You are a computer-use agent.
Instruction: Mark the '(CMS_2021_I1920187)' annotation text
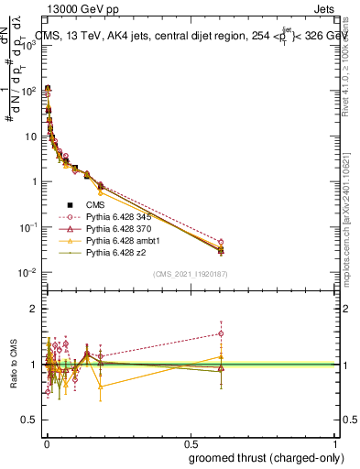pyautogui.click(x=191, y=273)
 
